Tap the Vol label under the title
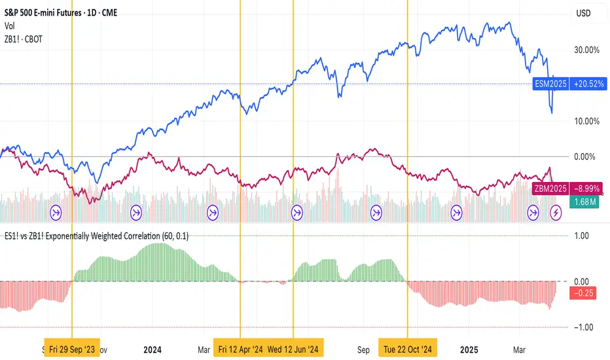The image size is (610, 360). coord(9,25)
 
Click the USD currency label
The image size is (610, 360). coord(583,12)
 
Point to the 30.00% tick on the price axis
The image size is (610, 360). coord(587,49)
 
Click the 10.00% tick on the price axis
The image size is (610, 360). coord(587,121)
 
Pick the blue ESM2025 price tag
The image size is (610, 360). coord(550,84)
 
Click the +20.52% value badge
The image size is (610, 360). coord(586,84)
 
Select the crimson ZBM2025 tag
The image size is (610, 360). coord(550,189)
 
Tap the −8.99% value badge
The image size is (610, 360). coord(586,189)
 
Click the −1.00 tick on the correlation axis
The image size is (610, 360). coord(581,327)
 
